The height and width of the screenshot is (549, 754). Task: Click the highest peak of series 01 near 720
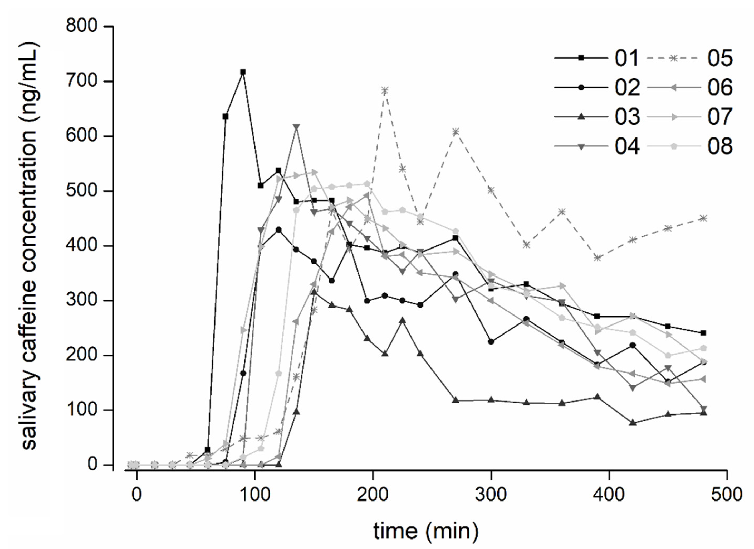pyautogui.click(x=243, y=72)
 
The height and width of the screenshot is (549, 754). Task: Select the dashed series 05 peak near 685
pyautogui.click(x=385, y=90)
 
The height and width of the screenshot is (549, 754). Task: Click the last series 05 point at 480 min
pyautogui.click(x=703, y=218)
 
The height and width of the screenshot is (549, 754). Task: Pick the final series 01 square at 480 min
pyautogui.click(x=703, y=333)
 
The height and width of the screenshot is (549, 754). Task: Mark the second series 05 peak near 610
pyautogui.click(x=456, y=131)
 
